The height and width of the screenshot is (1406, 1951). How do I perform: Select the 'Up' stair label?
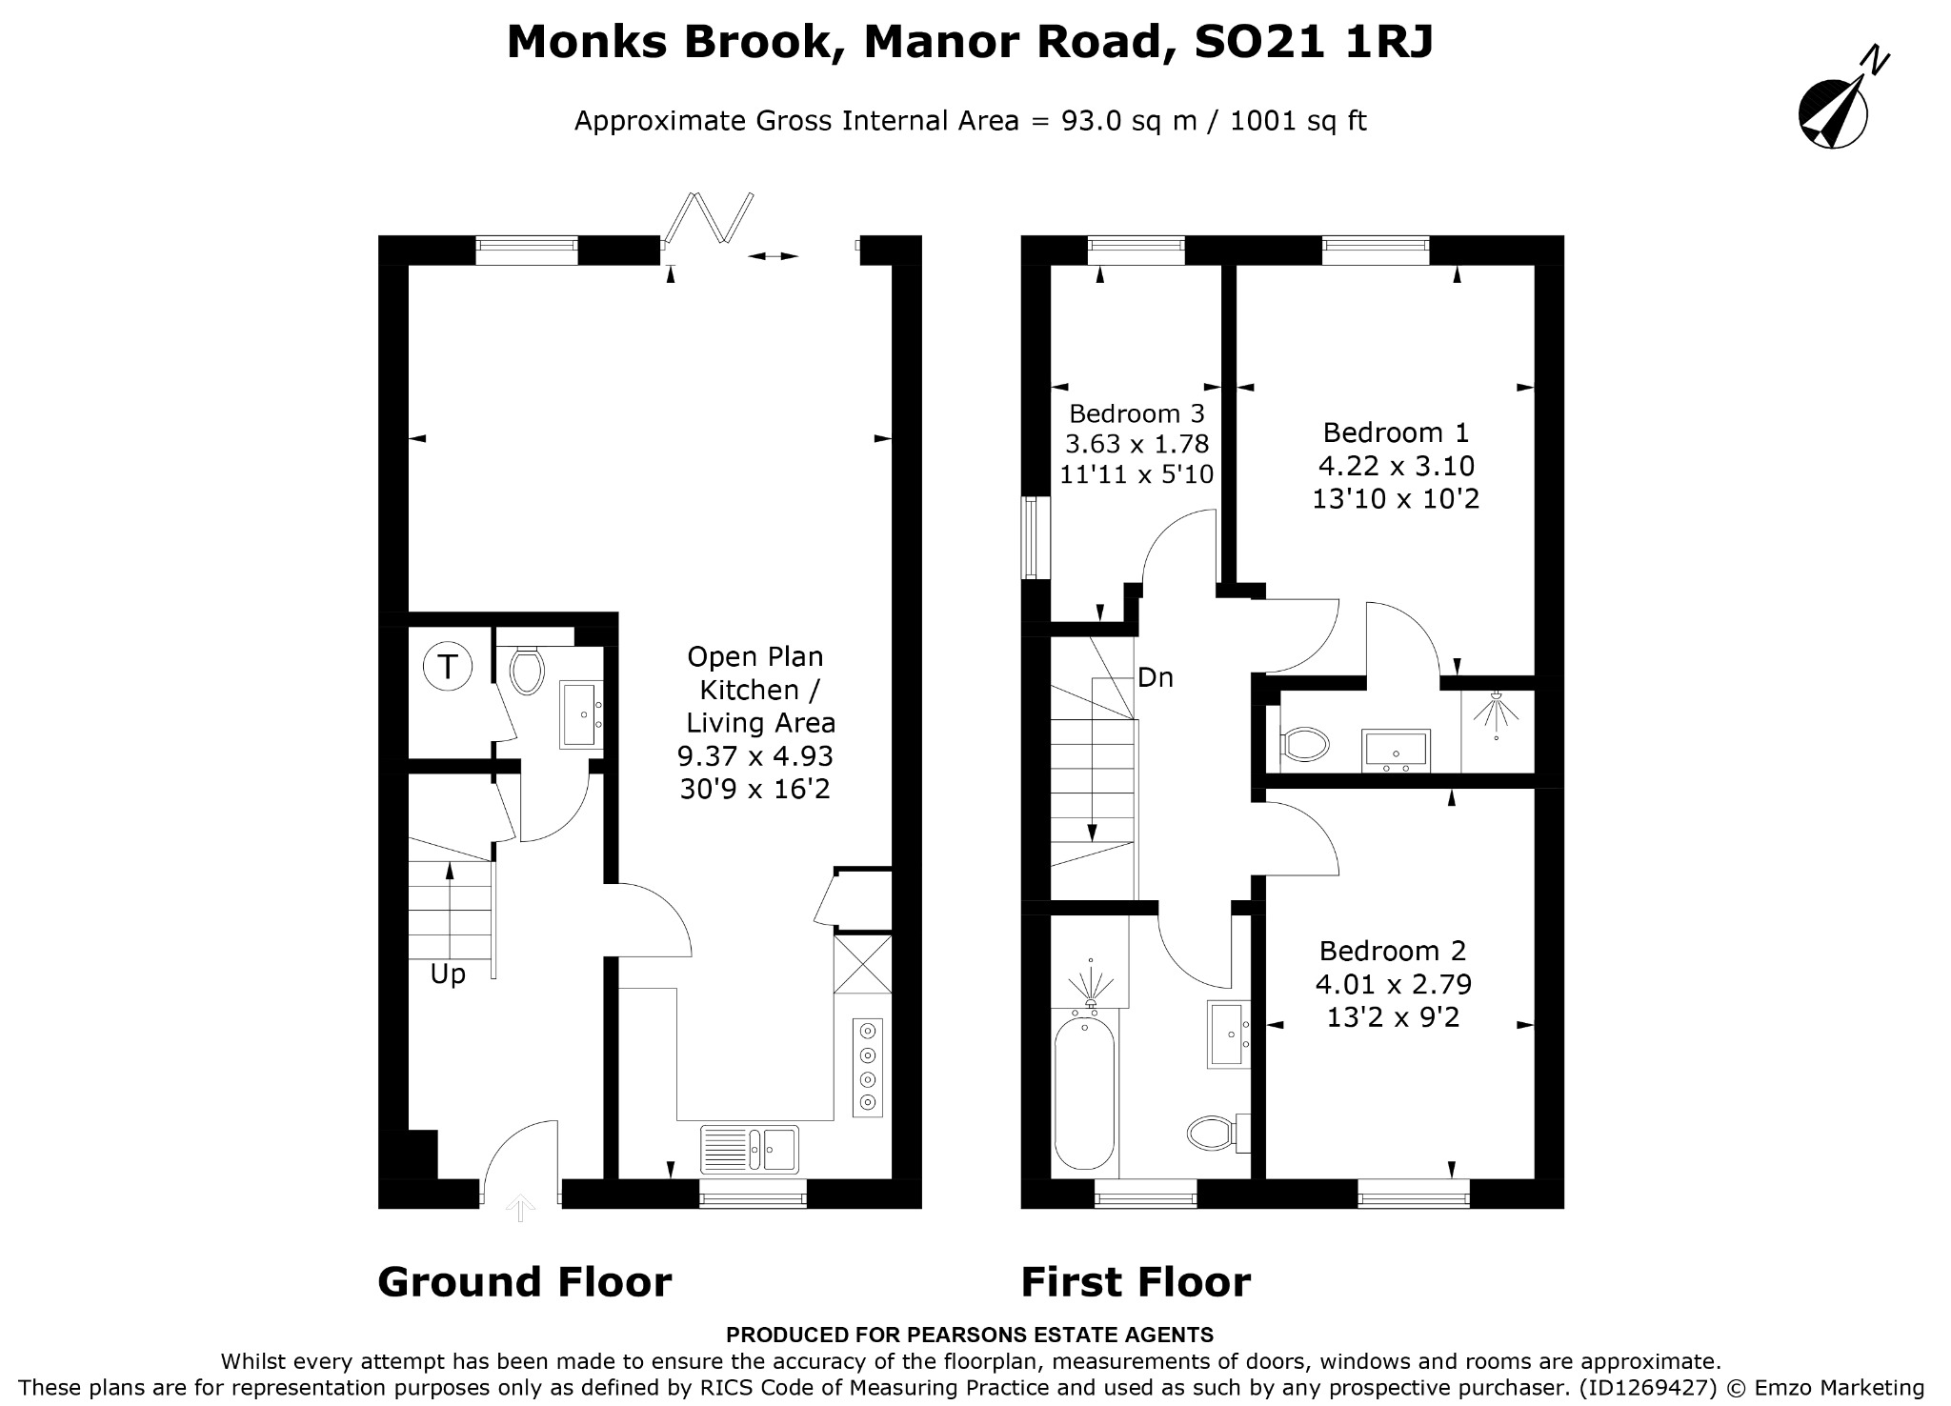(448, 974)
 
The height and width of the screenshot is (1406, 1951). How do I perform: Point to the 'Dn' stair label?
(1156, 677)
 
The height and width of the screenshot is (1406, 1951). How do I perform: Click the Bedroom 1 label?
(1396, 432)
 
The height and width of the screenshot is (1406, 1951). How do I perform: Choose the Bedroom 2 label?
(1393, 951)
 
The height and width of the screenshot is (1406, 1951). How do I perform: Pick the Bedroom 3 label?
(1136, 413)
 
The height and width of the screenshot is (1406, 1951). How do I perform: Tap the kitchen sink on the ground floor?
(750, 1148)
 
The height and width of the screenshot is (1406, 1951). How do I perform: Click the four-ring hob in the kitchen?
(867, 1067)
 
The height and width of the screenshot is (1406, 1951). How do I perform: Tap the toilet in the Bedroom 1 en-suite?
(1305, 744)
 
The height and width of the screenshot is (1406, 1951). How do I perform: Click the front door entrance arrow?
(520, 1208)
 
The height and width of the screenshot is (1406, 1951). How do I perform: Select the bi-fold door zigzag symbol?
(709, 218)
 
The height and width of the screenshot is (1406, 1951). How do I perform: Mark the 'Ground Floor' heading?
(525, 1282)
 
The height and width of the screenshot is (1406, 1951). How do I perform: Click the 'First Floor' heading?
(1136, 1282)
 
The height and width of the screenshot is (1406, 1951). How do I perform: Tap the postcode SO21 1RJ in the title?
(1313, 42)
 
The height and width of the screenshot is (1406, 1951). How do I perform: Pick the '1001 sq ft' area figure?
(1298, 121)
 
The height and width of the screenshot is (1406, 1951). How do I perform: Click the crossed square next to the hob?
(862, 964)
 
